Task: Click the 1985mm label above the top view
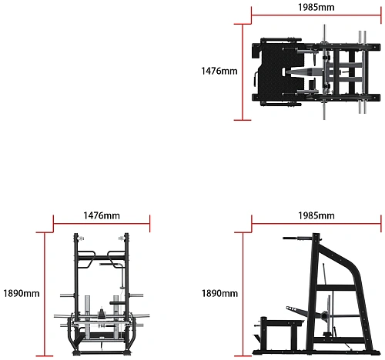click(x=316, y=7)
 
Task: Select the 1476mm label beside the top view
click(x=219, y=71)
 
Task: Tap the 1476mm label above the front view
click(x=102, y=215)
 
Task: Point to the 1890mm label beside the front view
click(x=22, y=293)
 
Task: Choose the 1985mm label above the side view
click(x=316, y=215)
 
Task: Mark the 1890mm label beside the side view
click(x=219, y=293)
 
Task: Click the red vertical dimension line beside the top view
click(x=243, y=72)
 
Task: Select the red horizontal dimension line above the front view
click(x=102, y=224)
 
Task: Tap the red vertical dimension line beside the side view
click(x=243, y=294)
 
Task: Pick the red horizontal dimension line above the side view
click(x=316, y=224)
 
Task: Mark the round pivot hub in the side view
click(x=325, y=315)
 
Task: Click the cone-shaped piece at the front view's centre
click(x=102, y=313)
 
